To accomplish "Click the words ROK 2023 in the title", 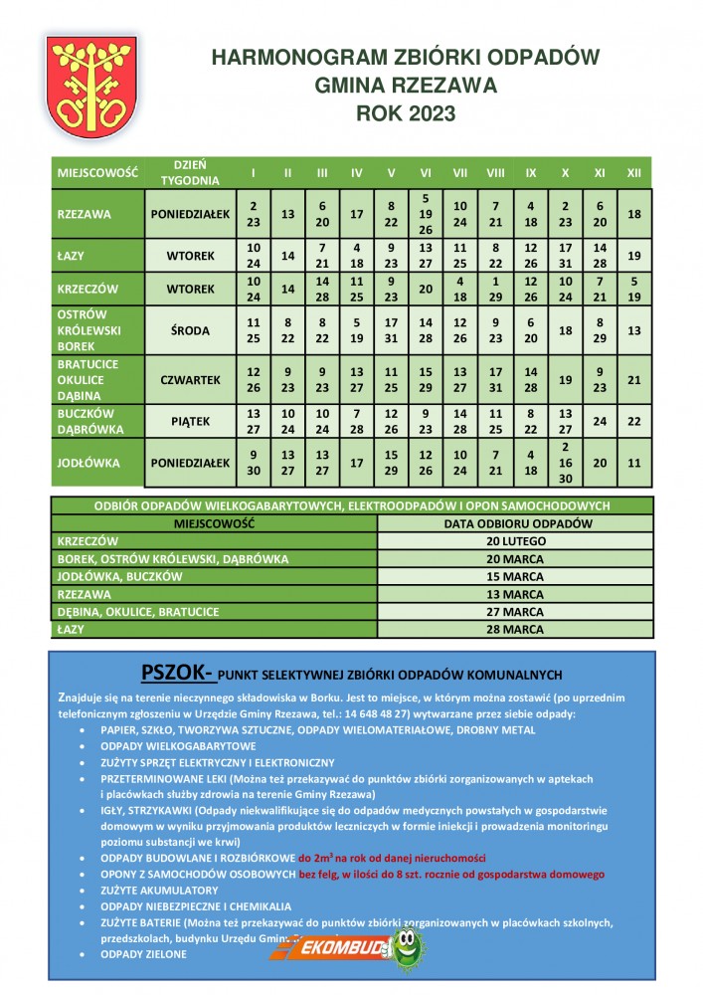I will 406,113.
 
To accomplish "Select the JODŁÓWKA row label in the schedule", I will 86,462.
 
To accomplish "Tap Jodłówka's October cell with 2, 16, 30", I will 565,462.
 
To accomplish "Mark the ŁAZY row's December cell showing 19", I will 634,256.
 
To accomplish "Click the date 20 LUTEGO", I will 515,540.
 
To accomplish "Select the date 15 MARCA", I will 515,576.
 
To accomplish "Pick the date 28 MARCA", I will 515,630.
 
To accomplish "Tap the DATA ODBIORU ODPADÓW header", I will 515,522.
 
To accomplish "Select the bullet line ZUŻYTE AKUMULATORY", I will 159,890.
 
